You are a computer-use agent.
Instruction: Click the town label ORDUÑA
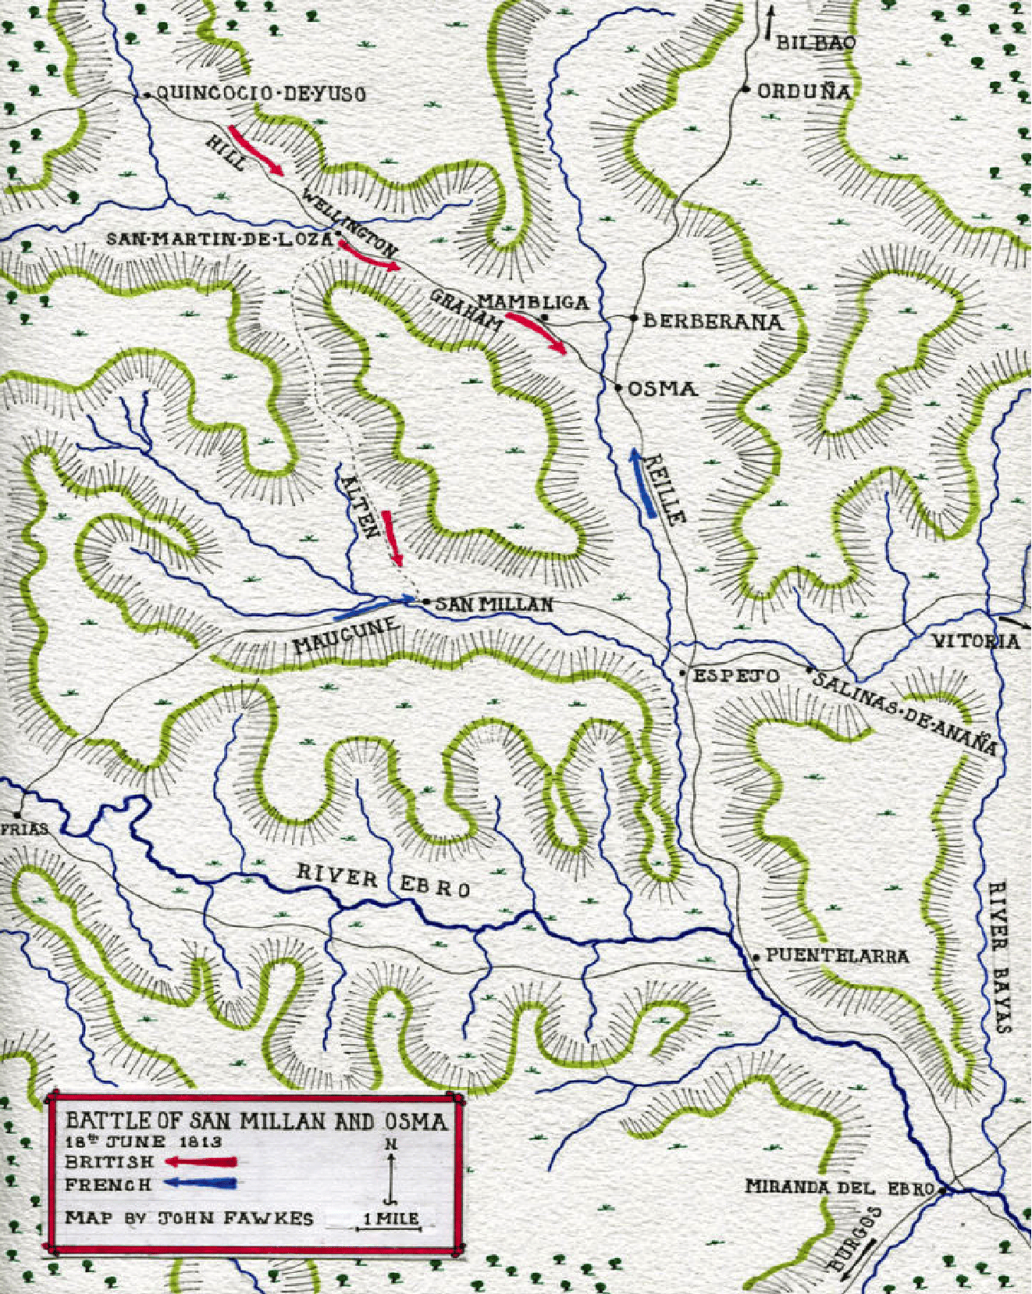click(805, 91)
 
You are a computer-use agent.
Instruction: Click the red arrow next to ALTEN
click(393, 538)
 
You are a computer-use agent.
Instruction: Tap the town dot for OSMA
click(617, 387)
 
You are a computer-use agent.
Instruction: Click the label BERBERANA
click(713, 321)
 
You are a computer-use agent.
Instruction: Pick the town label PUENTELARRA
click(837, 955)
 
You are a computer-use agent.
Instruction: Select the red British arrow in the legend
click(201, 1162)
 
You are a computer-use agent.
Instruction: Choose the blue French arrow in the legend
click(201, 1184)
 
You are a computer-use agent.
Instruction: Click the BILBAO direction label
click(816, 43)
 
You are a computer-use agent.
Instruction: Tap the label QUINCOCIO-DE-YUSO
click(262, 94)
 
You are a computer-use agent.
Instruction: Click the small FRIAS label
click(23, 829)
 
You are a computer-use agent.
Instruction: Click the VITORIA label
click(976, 642)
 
